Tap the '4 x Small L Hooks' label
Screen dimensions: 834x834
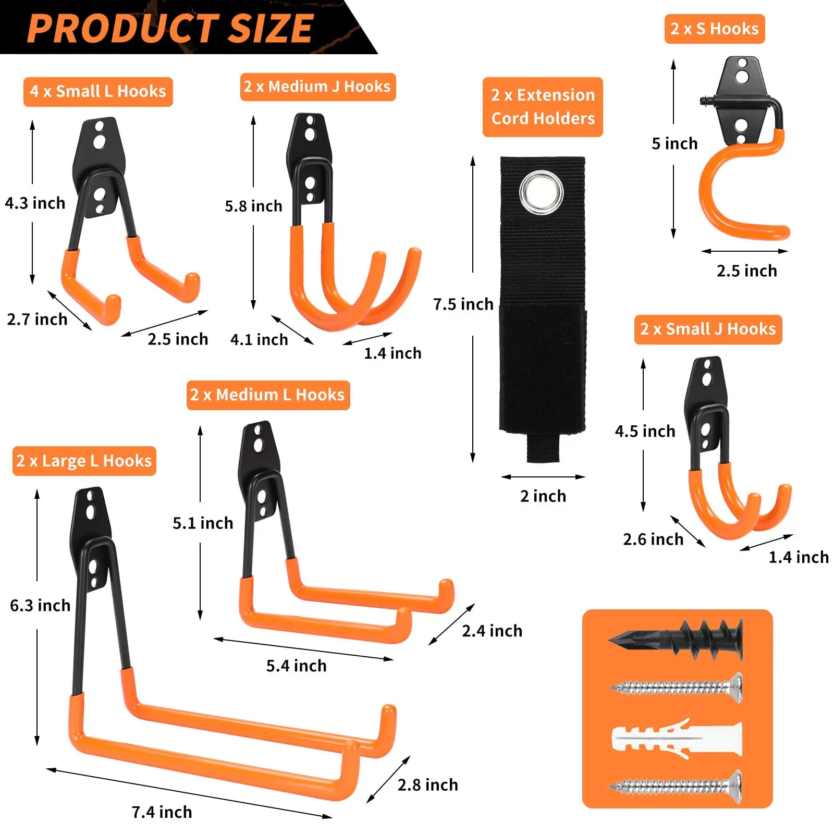(x=98, y=92)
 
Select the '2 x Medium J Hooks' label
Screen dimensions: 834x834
(x=317, y=87)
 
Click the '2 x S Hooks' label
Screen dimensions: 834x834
(x=715, y=29)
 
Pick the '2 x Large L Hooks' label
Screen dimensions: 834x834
(x=84, y=461)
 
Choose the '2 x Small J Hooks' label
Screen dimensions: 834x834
(x=708, y=329)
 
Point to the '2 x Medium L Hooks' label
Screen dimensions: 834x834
(x=268, y=395)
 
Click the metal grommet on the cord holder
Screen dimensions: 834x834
(x=542, y=192)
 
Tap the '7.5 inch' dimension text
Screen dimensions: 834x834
(x=463, y=304)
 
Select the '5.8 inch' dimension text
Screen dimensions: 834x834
(x=253, y=206)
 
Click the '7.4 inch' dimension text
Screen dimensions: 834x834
(x=162, y=812)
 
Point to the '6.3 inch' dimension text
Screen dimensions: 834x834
(x=40, y=605)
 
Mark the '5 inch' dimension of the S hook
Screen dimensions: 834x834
(x=674, y=143)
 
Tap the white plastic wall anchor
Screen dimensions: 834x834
(x=677, y=739)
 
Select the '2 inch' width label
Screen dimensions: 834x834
(x=543, y=496)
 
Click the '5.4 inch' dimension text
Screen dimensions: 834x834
(x=296, y=666)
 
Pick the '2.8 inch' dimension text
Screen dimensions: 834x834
(x=427, y=784)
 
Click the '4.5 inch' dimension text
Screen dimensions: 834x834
(x=645, y=431)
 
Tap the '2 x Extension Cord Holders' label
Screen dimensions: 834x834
(x=543, y=107)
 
